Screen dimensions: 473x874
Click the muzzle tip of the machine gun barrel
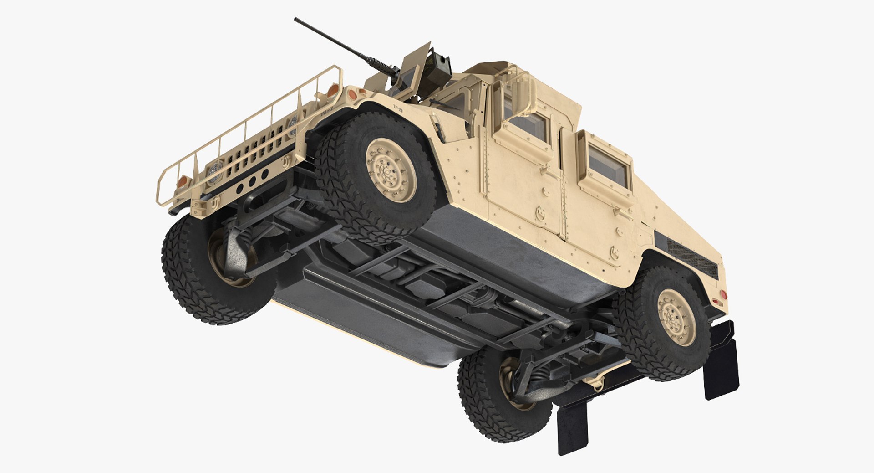coord(296,20)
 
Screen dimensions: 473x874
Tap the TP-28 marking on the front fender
coord(398,110)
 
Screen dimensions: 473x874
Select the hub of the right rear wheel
coord(676,317)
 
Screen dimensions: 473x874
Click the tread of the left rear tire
coord(483,410)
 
